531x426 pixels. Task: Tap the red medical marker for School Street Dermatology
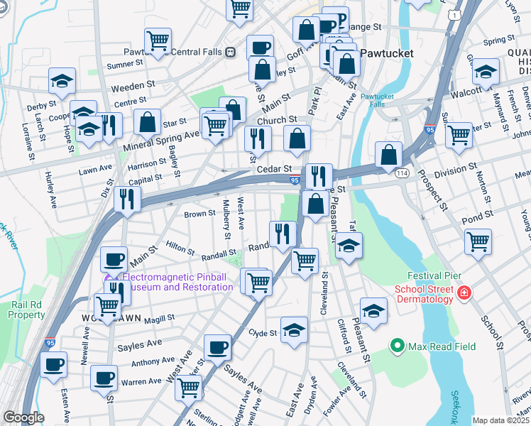(x=464, y=293)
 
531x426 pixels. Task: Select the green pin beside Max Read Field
(x=398, y=346)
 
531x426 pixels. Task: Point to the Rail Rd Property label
(x=28, y=310)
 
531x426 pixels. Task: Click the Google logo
(x=23, y=417)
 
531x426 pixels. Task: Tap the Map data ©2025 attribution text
(x=500, y=420)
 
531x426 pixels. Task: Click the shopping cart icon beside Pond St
(x=478, y=241)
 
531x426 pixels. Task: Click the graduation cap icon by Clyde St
(x=294, y=329)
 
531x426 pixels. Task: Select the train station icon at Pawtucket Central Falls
(x=230, y=52)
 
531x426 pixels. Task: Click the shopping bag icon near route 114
(x=389, y=154)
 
